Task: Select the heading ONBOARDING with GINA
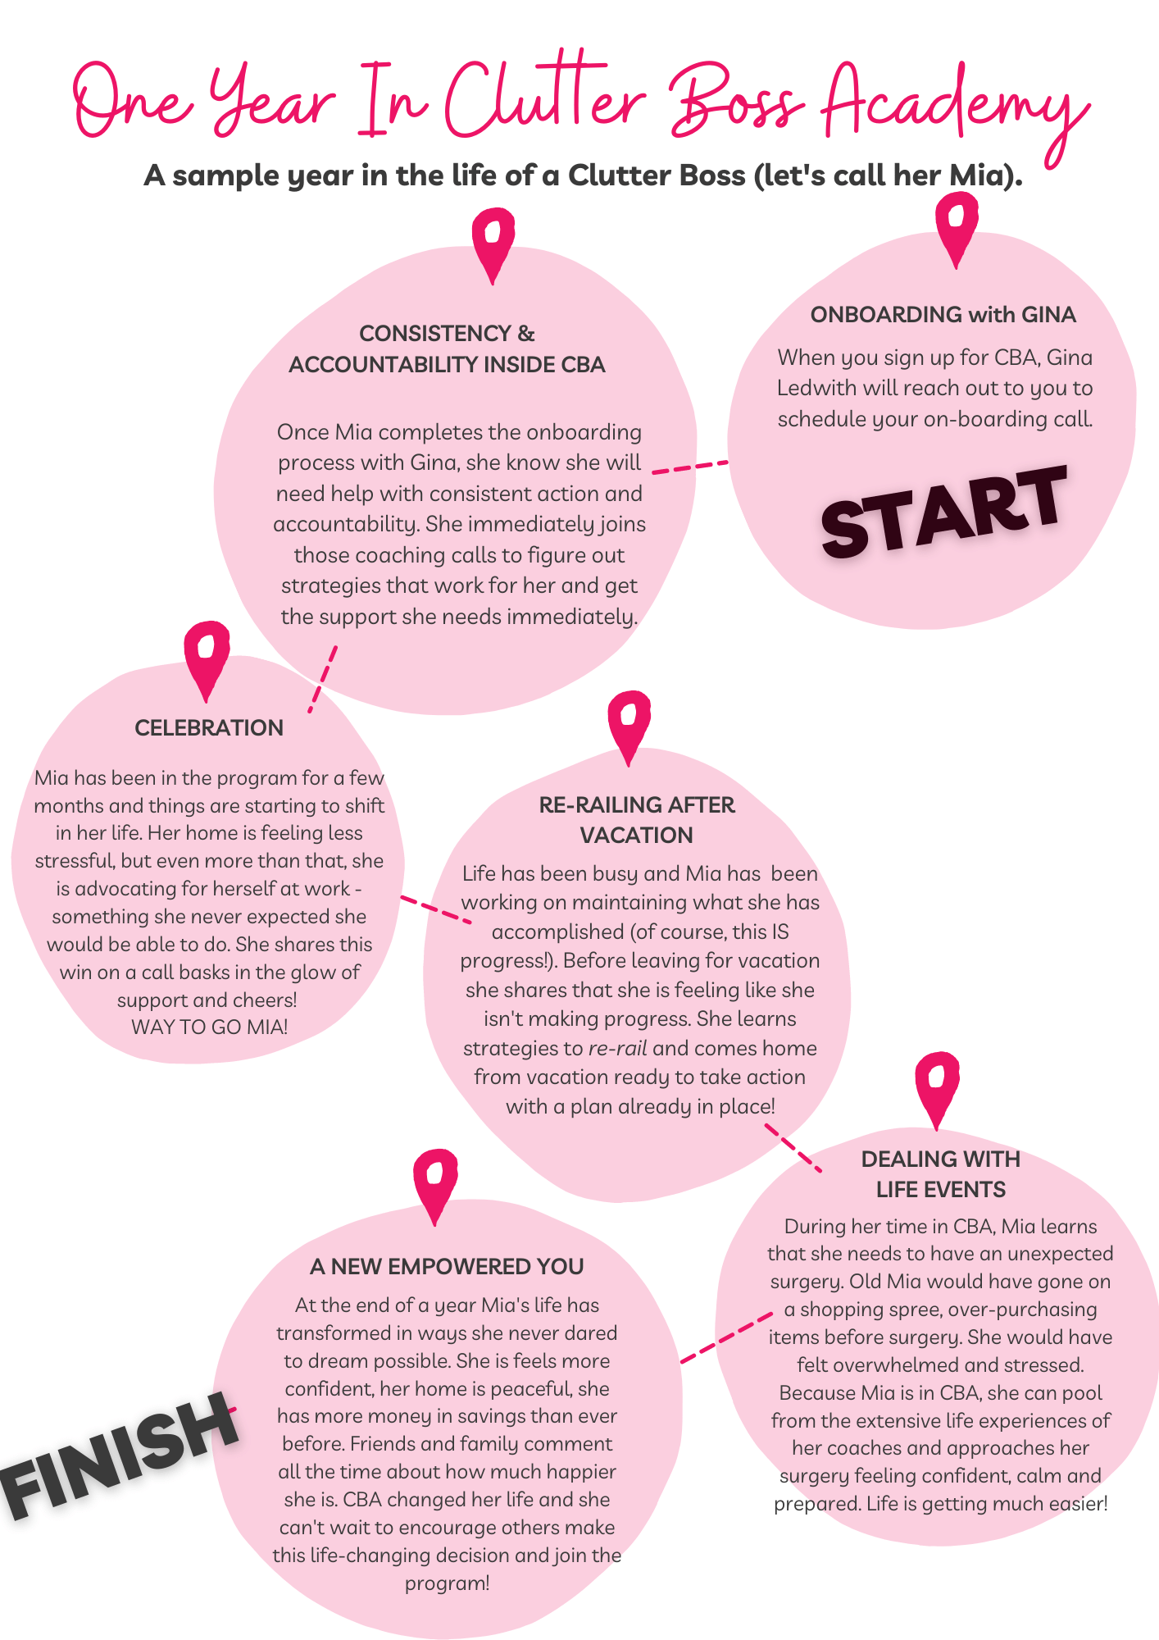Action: coord(943,315)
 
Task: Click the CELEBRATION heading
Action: coord(209,728)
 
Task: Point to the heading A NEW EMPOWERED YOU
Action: coord(447,1267)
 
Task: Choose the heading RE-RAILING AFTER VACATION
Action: coord(637,820)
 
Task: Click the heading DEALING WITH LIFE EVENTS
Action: coord(941,1174)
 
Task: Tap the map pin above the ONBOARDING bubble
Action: coord(957,230)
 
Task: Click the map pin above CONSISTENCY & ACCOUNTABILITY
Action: coord(493,245)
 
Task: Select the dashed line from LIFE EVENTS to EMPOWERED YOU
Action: coord(726,1337)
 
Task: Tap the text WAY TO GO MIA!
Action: coord(210,1027)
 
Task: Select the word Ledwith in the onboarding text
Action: coord(816,389)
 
